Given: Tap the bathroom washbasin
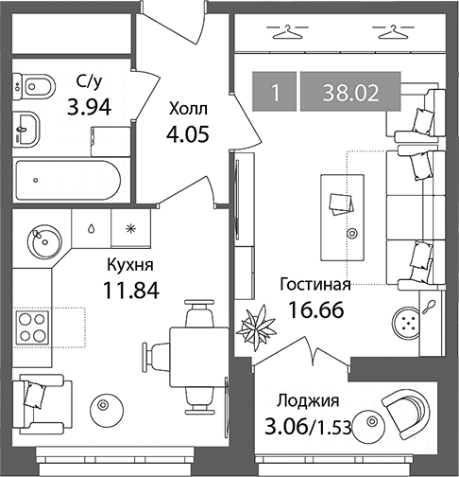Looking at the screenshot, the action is click(26, 130).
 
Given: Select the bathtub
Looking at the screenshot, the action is click(68, 180).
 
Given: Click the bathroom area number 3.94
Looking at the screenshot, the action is click(90, 107).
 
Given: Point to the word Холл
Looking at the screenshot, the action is click(188, 110).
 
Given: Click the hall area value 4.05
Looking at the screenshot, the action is click(188, 134).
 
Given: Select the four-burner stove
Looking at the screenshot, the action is click(32, 327).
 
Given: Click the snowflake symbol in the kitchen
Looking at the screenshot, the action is click(130, 229).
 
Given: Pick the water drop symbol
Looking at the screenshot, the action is click(91, 229).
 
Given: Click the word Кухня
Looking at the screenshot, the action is click(130, 265).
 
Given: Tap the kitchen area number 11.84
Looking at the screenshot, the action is click(131, 291).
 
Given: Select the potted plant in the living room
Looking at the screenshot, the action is click(256, 327).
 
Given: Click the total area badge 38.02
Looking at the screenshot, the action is click(350, 92).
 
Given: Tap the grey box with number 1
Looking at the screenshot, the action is click(275, 92).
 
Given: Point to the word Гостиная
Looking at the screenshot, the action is click(315, 285).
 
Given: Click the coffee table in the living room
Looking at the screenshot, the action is click(343, 218).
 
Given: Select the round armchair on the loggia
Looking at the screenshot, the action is click(405, 414).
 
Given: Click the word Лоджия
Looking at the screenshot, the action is click(308, 401).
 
